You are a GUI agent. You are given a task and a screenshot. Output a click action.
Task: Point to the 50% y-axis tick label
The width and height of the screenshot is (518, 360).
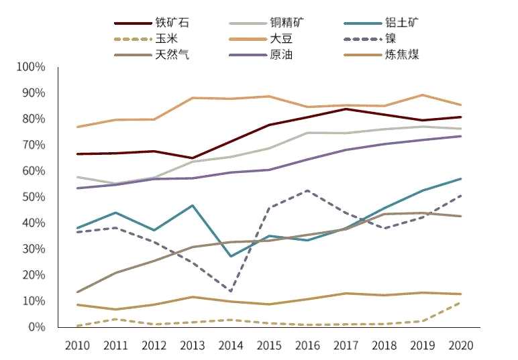(33, 197)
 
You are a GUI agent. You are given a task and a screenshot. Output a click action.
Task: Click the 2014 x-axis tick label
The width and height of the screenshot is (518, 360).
(230, 346)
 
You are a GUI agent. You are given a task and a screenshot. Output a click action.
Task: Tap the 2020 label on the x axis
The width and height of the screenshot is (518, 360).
(460, 346)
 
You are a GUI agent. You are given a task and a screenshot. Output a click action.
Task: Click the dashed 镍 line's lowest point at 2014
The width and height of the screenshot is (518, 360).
(230, 292)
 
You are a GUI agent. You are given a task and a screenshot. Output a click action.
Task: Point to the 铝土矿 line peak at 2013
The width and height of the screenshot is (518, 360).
(193, 206)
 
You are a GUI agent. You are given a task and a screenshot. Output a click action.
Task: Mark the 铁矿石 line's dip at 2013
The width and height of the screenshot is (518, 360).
(193, 158)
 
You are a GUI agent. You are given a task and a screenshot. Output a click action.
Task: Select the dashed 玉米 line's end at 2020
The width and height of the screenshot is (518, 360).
(460, 302)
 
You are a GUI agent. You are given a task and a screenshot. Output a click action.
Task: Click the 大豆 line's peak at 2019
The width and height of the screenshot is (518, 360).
(422, 95)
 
